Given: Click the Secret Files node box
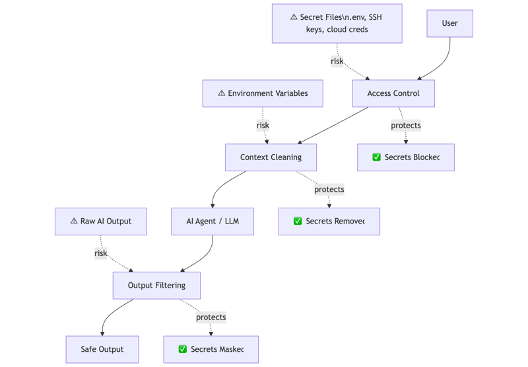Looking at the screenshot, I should [337, 23].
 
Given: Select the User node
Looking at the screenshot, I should [449, 23].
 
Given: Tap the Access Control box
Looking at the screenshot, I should [393, 93].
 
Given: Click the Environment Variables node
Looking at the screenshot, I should [263, 93].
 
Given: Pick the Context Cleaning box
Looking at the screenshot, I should [271, 157].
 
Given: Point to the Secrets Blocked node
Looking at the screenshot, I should [405, 157].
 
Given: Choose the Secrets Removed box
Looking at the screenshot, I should [329, 221].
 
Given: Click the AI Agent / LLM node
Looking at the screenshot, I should [213, 221].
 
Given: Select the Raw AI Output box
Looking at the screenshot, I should [100, 221].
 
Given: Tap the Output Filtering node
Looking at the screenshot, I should [156, 285].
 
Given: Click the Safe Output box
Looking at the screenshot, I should [102, 349].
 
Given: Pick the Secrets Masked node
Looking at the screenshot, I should [211, 349].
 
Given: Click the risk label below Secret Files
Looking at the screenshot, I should [337, 61].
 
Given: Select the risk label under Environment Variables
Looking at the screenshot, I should [263, 125].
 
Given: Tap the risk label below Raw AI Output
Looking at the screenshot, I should [101, 253].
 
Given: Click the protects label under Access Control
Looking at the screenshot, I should [405, 125].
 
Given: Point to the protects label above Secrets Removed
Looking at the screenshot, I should [329, 189].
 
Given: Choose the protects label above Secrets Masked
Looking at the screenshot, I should [211, 317].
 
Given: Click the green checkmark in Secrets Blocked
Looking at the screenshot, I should [376, 157].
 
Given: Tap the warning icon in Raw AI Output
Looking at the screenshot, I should [74, 221].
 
